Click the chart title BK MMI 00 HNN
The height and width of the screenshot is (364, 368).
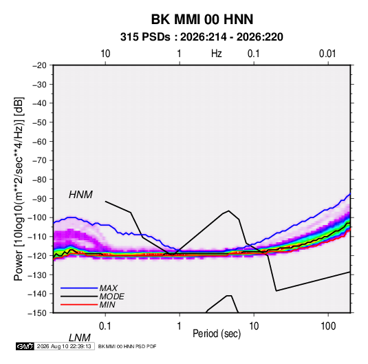click(202, 19)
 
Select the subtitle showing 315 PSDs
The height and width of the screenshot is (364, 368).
click(202, 37)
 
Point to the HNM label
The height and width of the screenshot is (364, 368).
click(80, 195)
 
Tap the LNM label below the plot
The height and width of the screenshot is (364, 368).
click(80, 338)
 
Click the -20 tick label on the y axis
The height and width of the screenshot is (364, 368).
click(39, 65)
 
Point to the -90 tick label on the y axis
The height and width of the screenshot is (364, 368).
click(39, 199)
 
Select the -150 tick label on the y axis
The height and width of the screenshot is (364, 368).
click(37, 313)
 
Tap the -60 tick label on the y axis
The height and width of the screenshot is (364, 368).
click(39, 141)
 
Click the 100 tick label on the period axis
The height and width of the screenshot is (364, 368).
click(328, 326)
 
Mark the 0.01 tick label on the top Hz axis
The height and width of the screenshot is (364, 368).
click(327, 54)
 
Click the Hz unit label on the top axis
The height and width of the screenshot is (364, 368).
click(217, 54)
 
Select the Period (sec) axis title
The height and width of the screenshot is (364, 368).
click(217, 334)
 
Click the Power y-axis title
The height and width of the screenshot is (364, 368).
click(19, 189)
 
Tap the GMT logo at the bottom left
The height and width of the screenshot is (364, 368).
click(25, 346)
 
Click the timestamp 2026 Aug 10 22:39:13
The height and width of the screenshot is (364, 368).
click(64, 346)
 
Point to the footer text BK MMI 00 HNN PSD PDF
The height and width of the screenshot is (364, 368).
click(127, 346)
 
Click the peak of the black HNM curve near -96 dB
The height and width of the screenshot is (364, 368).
click(228, 211)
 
